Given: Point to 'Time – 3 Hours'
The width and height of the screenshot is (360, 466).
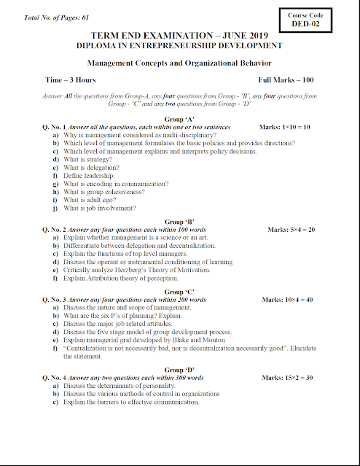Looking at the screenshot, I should pyautogui.click(x=70, y=79).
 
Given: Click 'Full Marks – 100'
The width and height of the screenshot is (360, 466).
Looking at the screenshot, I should pyautogui.click(x=286, y=79).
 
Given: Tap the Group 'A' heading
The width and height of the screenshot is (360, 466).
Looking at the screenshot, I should pyautogui.click(x=179, y=119).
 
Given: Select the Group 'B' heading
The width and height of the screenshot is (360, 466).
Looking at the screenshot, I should pyautogui.click(x=179, y=222).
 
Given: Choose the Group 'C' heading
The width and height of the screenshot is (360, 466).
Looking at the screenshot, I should pyautogui.click(x=179, y=292).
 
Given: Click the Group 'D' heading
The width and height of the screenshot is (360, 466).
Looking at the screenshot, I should pyautogui.click(x=179, y=370).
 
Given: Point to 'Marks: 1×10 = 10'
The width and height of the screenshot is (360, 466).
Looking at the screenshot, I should pyautogui.click(x=285, y=127).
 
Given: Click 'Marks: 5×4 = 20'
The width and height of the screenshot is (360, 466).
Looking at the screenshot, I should pyautogui.click(x=291, y=230).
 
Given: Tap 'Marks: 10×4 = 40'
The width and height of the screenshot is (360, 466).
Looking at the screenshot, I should pyautogui.click(x=287, y=300).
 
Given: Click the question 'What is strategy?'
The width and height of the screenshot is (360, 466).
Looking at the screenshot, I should pyautogui.click(x=87, y=160).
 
